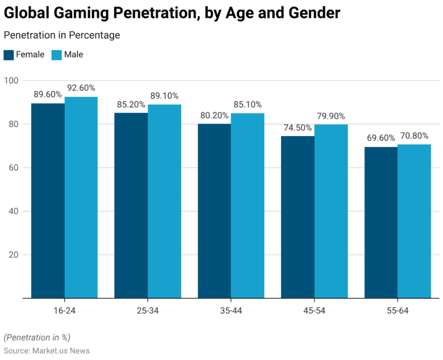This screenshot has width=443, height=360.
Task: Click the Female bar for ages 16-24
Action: [48, 201]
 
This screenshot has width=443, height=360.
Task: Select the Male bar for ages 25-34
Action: [164, 201]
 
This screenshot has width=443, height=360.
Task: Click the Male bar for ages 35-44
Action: [247, 206]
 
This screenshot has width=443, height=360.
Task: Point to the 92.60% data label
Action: [81, 87]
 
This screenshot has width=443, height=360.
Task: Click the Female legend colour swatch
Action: [9, 55]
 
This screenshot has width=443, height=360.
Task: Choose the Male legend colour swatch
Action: [56, 55]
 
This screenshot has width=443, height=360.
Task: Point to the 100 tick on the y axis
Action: [12, 80]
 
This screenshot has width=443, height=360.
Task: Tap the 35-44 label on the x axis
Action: [231, 310]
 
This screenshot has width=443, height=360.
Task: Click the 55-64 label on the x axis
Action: [398, 310]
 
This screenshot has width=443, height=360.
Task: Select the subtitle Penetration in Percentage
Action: [62, 36]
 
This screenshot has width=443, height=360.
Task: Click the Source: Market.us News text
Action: [47, 351]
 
